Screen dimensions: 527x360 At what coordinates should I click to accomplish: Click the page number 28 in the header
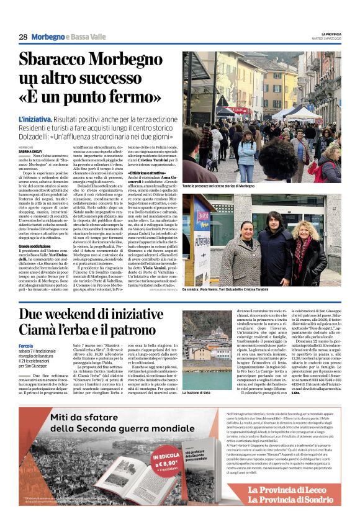pyautogui.click(x=23, y=37)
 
